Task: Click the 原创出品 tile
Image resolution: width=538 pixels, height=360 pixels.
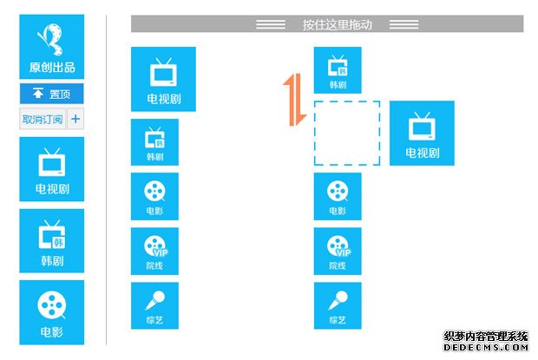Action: pos(52,47)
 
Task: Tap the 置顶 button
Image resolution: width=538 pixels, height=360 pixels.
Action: pos(52,94)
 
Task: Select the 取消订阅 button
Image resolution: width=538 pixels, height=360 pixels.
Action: pos(43,119)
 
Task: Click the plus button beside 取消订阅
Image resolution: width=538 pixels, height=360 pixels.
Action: pos(75,119)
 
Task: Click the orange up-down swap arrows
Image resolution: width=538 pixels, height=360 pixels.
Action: pos(294,100)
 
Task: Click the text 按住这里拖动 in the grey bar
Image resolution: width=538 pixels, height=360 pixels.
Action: pos(338,24)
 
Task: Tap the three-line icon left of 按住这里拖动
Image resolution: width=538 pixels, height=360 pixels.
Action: pos(271,24)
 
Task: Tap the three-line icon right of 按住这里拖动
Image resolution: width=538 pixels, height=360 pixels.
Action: pos(403,24)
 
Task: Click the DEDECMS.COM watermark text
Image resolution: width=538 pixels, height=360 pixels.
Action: pos(486,347)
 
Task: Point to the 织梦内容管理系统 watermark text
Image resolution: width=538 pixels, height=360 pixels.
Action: pos(486,336)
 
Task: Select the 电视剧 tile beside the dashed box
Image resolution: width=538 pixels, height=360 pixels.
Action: pos(422,133)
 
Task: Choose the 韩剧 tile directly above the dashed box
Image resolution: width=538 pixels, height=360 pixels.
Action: pos(338,70)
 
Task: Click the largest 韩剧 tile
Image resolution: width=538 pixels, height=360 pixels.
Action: pos(52,240)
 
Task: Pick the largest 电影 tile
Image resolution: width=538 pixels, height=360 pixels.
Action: pos(52,312)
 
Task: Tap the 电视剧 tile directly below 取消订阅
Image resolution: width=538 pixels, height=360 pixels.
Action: pos(52,169)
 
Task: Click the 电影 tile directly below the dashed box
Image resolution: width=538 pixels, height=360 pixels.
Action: pos(338,196)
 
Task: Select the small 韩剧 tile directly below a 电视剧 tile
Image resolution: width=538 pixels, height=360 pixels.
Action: pos(154,142)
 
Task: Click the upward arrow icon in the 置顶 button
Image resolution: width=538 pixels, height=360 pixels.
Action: pos(37,93)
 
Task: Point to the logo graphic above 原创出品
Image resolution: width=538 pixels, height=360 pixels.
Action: pos(52,39)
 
